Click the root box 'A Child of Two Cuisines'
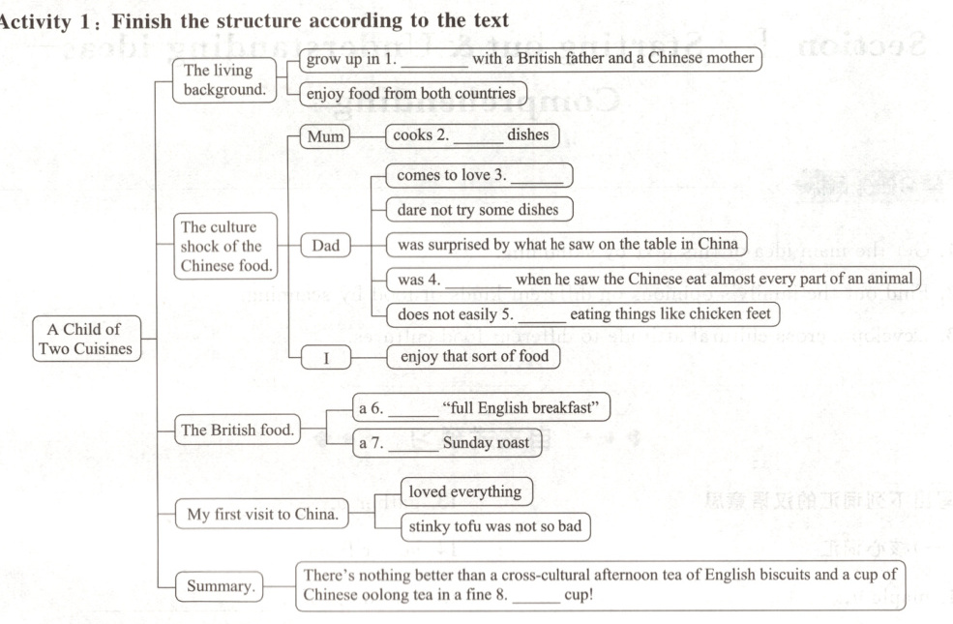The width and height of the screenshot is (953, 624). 87,339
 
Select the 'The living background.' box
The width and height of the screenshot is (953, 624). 218,80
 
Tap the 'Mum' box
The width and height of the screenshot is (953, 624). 326,136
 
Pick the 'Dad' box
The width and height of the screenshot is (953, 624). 326,246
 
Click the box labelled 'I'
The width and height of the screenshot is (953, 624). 326,358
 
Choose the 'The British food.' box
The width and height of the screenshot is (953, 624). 237,430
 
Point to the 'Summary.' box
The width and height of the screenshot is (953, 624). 219,586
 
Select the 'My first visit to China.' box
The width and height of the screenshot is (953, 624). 262,514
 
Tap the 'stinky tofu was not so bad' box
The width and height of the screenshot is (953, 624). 495,527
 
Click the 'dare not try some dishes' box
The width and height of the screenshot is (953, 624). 471,209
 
